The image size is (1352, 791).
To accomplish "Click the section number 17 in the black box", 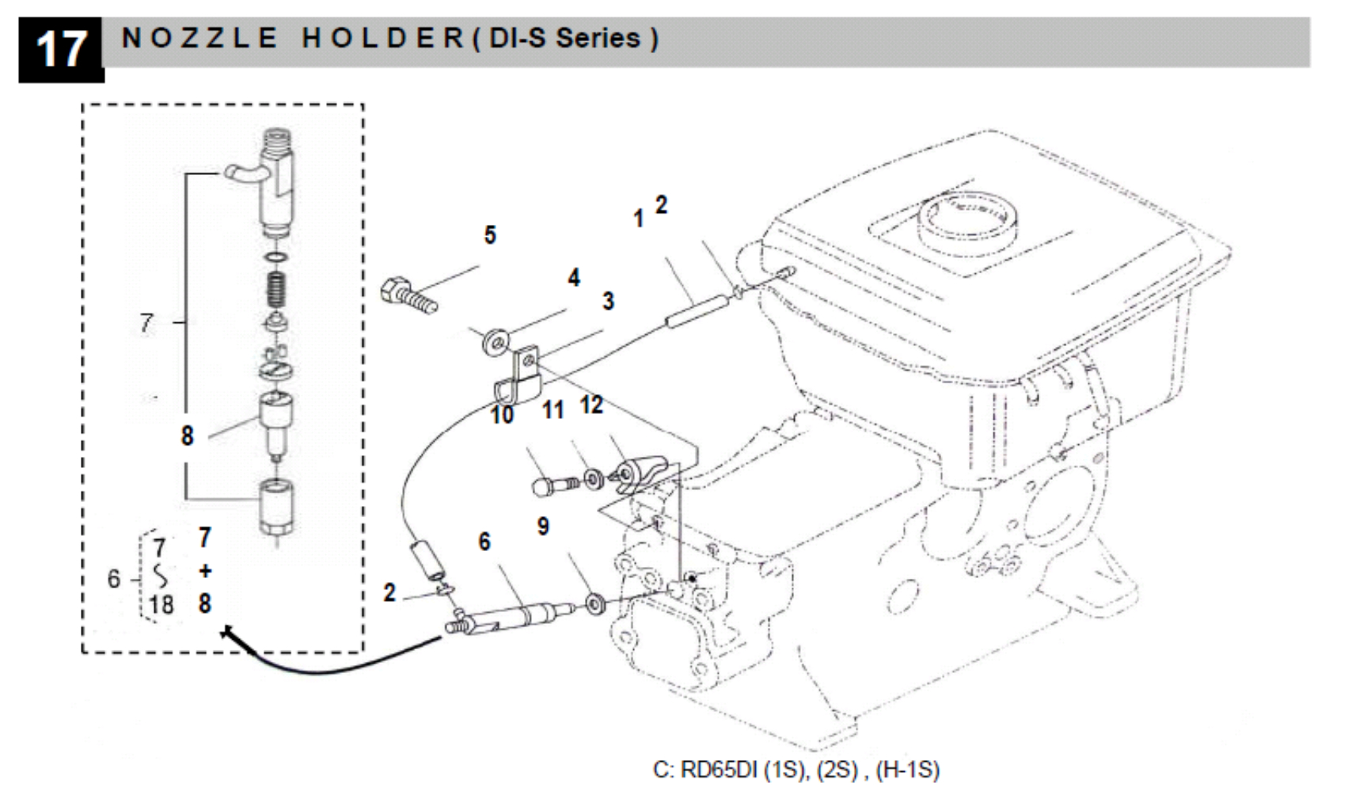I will click(x=60, y=49).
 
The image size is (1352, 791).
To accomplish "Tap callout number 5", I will click(x=490, y=235).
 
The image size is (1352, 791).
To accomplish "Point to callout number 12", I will click(x=591, y=405).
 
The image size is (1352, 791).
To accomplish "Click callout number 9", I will click(x=543, y=527).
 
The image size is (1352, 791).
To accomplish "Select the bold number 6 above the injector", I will click(x=484, y=542).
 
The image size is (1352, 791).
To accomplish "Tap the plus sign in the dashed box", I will click(x=205, y=571).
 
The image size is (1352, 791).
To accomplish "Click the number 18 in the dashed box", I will click(x=161, y=605).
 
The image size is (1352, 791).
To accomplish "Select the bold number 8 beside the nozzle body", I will click(x=187, y=435).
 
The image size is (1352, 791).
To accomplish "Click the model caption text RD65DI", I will click(x=717, y=770).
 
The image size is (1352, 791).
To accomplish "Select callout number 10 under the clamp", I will click(x=502, y=414).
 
